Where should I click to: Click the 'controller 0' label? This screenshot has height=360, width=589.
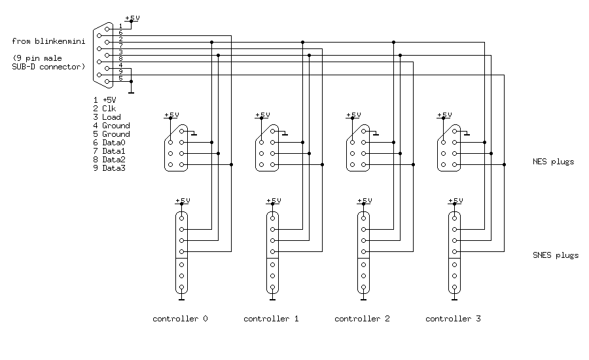coord(180,319)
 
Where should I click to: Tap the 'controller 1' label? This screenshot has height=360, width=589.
coord(271,319)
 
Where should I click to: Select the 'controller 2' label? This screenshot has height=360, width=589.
coord(362,319)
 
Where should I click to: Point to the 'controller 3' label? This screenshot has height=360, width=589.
coord(453,319)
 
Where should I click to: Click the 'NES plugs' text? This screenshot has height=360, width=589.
coord(554,161)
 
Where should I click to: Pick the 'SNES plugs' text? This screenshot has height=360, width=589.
coord(556,255)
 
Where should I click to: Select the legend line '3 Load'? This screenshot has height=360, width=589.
coord(107,117)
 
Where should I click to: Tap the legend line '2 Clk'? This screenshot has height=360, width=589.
coord(105,109)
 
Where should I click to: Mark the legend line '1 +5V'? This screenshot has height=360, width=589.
coord(105,100)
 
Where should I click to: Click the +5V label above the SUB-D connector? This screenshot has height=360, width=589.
coord(132,18)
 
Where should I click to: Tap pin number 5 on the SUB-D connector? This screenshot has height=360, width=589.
coord(120,79)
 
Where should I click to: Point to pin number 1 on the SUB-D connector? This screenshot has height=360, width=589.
coord(120,26)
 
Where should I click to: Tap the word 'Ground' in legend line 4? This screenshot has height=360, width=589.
coord(116,126)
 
